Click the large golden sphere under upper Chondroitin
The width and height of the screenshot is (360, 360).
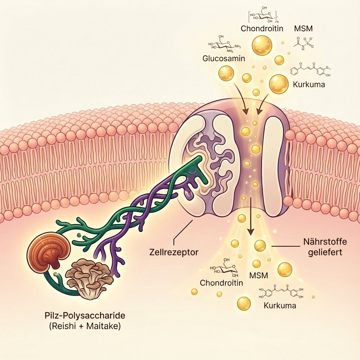(262, 45)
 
